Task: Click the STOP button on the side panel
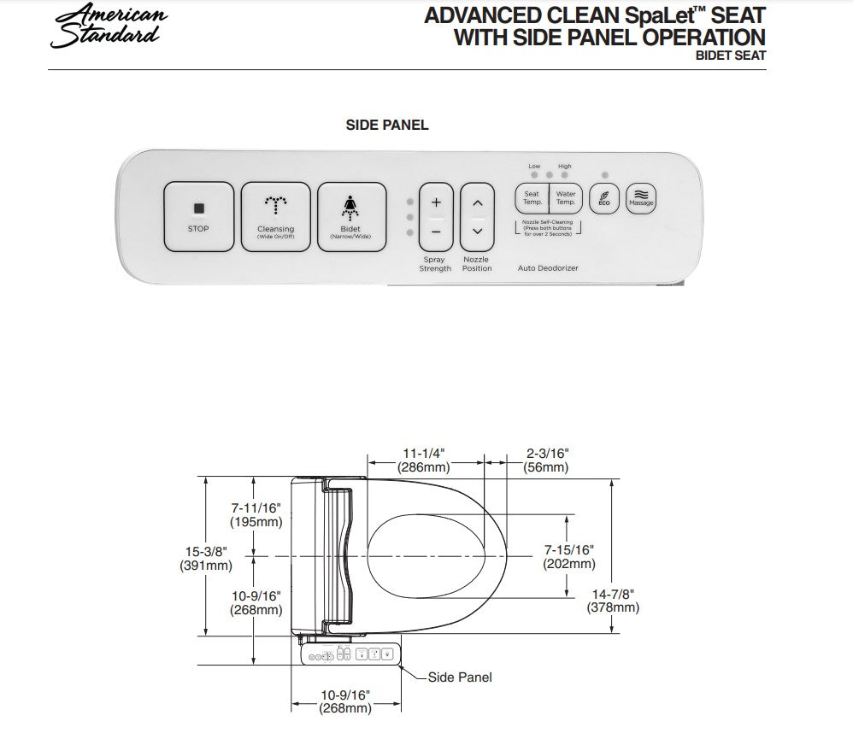pos(198,217)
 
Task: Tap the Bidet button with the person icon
pos(349,217)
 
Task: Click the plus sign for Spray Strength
pos(436,203)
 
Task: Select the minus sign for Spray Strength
pos(436,232)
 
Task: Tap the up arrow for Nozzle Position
pos(478,203)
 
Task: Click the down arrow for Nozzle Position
pos(478,232)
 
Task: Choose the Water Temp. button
pos(565,198)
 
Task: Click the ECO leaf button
pos(603,198)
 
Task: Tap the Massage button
pos(641,198)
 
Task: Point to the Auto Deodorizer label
pos(548,268)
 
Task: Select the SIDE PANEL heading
pos(387,125)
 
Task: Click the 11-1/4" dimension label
pos(424,453)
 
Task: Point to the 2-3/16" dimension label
pos(547,453)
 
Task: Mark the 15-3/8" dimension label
pos(205,552)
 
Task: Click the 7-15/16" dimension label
pos(569,550)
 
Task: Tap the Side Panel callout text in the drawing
pos(460,677)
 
